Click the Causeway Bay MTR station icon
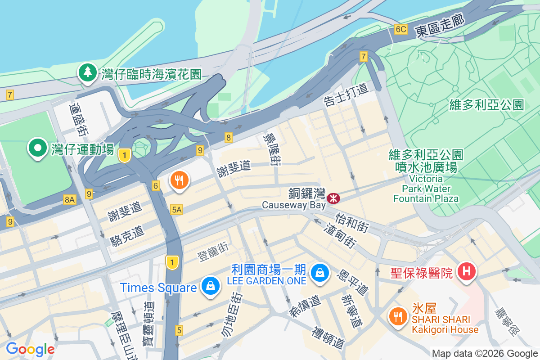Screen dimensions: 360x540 tap(333, 198)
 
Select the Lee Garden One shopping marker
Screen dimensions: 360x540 tap(319, 272)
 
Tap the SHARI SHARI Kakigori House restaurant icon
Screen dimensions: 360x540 tap(397, 315)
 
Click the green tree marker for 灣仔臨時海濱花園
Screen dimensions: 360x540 tap(87, 72)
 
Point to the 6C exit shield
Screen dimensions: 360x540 tap(400, 30)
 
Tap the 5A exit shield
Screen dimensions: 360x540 tap(177, 209)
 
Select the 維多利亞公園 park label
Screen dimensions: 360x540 tap(487, 105)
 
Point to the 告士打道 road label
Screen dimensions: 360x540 tap(345, 94)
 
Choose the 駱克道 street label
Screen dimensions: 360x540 tap(127, 236)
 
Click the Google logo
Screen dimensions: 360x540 tap(30, 349)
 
